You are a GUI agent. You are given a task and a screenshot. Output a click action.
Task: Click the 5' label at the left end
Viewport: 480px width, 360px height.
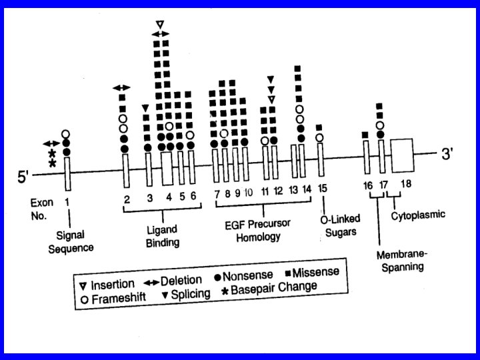[x=25, y=178]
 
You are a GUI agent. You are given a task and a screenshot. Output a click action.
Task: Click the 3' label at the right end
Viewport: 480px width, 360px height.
[x=445, y=154]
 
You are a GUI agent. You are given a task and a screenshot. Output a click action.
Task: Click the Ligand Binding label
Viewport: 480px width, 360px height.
[x=162, y=235]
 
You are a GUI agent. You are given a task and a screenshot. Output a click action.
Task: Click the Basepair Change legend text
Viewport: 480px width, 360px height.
[x=279, y=287]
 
